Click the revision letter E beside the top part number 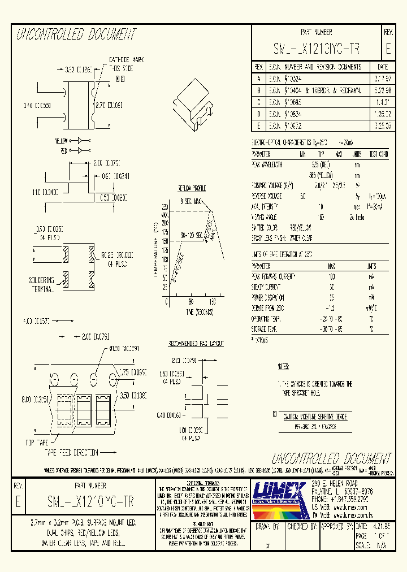point(388,48)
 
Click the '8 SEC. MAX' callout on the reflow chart point(192,201)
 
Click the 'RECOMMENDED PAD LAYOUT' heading point(188,343)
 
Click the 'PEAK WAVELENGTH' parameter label point(267,164)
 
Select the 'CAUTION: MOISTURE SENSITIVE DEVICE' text point(314,416)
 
